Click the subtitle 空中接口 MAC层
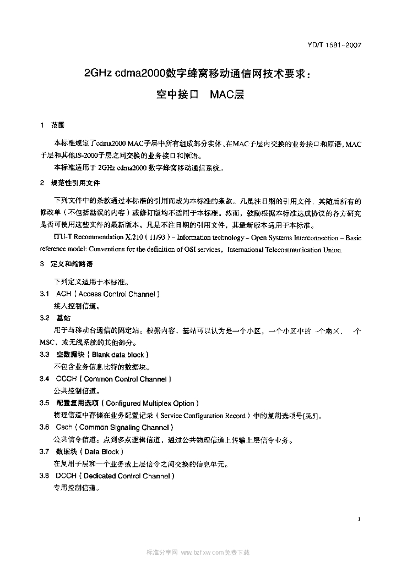pos(199,94)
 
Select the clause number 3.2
pos(45,318)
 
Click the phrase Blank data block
pos(118,355)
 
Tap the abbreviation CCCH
pos(66,379)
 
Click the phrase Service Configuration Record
pos(202,415)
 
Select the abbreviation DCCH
pos(66,476)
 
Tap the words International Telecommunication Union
pos(284,250)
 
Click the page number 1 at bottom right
pos(359,518)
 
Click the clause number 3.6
pos(45,427)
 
